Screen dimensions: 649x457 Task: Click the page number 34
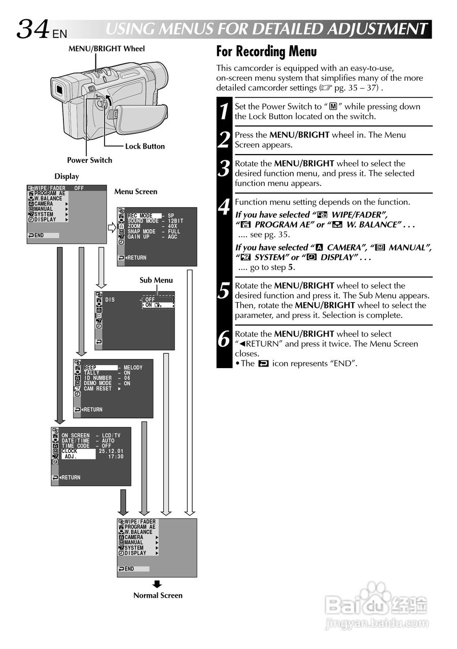click(33, 29)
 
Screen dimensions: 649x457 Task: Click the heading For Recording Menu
click(266, 52)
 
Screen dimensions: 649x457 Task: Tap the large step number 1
click(225, 112)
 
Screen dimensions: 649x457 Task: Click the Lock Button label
click(145, 146)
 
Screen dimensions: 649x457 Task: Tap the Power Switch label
click(89, 160)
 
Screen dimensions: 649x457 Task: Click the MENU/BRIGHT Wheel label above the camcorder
click(107, 49)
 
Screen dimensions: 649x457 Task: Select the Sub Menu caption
click(156, 280)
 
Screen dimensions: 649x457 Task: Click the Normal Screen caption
click(158, 595)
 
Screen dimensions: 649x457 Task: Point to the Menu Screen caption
click(135, 192)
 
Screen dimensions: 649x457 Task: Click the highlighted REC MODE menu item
click(144, 216)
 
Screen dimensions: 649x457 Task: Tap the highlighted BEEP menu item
click(100, 368)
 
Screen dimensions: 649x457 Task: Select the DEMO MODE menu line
click(97, 383)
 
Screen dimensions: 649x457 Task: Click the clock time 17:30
click(116, 456)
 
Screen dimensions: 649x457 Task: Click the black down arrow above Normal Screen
click(157, 584)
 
